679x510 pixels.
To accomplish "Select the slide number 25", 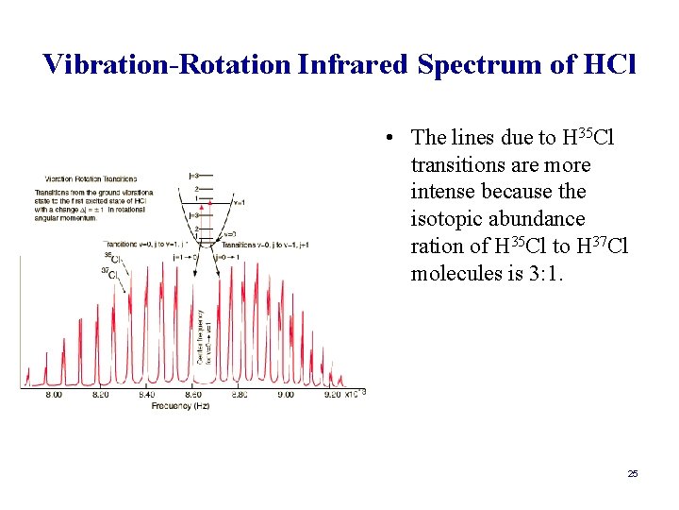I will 633,473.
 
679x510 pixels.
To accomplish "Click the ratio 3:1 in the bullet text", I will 555,274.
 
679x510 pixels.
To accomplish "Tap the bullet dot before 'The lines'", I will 389,138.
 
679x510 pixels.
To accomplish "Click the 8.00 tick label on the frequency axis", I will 54,395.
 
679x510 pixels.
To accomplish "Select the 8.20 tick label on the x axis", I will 100,395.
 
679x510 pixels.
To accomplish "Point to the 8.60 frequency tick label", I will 192,395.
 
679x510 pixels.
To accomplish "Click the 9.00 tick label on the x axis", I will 285,395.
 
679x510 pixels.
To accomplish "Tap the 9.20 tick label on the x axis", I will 331,395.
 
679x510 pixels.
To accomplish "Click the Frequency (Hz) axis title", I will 181,405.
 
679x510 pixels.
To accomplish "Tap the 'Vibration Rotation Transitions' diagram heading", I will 90,178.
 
